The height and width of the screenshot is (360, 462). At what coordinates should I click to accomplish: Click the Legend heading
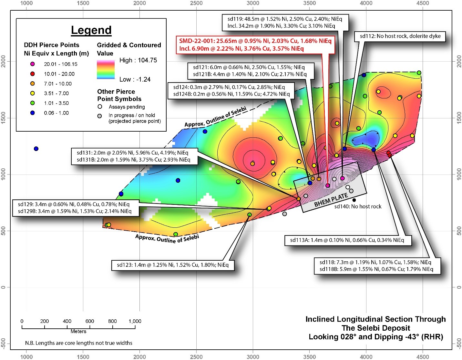coord(91,30)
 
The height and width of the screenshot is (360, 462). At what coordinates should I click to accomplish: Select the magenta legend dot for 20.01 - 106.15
coord(32,64)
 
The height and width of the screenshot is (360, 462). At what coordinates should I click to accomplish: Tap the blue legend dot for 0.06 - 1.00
coord(32,113)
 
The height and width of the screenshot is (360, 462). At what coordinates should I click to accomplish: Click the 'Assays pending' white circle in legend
coord(100,107)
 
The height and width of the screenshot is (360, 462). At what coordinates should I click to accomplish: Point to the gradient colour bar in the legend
coord(106,70)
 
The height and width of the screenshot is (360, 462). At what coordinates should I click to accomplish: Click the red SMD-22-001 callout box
coord(255,45)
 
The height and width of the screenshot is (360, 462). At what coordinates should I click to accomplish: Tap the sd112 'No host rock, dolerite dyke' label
coord(400,36)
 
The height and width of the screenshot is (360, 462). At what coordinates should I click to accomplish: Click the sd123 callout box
coord(173,265)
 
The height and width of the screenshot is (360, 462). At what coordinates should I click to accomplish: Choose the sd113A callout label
coord(348,240)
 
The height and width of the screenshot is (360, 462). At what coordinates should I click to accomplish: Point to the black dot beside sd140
coord(354,200)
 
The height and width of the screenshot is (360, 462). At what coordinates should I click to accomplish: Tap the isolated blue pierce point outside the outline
coord(36,149)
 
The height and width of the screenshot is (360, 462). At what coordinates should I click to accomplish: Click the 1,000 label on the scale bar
coord(135,321)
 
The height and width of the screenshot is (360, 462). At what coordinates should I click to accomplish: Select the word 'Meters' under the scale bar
coord(78,331)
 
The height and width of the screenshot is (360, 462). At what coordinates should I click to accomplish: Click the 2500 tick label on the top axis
coord(196,3)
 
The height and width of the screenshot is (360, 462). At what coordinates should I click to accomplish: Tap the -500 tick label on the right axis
coord(459,344)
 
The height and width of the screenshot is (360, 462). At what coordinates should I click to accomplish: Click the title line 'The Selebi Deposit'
coord(376,328)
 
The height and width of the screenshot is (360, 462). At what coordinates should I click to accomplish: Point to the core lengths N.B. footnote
coord(79,343)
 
